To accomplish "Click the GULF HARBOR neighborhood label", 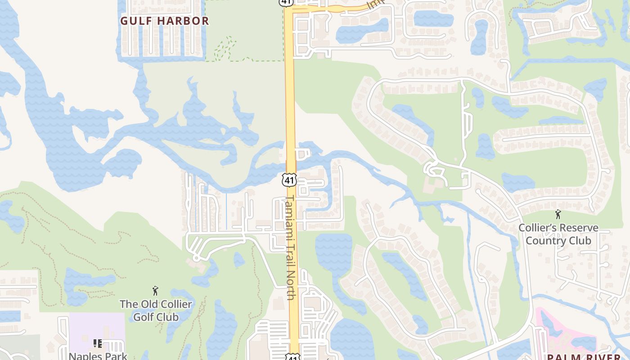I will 165,21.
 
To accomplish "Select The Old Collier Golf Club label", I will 156,310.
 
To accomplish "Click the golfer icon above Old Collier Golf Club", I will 156,291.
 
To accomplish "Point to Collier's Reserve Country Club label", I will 558,234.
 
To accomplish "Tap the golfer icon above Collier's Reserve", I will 558,214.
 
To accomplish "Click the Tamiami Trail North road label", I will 290,247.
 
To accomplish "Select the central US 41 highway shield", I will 289,180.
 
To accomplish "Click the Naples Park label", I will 98,355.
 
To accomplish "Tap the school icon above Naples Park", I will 98,344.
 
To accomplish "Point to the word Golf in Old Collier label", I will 144,317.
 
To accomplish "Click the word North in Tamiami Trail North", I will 290,288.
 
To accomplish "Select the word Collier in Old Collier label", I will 175,304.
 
